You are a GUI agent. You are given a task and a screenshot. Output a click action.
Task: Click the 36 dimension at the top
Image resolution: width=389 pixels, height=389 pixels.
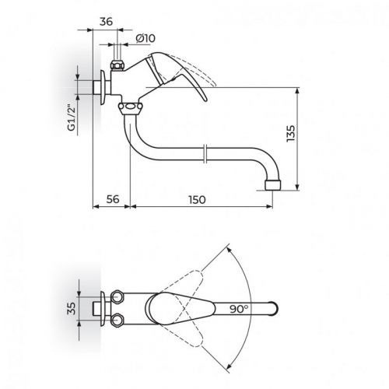pyautogui.click(x=106, y=23)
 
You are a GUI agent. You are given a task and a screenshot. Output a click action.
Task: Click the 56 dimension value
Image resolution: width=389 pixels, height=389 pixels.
pyautogui.click(x=111, y=200)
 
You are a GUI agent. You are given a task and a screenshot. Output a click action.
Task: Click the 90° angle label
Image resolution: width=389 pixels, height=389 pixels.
pyautogui.click(x=238, y=308)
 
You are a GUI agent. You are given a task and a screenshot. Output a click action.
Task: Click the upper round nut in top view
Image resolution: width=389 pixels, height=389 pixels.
pyautogui.click(x=119, y=296)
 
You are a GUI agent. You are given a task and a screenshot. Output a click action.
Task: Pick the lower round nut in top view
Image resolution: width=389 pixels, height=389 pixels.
pyautogui.click(x=119, y=320)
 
